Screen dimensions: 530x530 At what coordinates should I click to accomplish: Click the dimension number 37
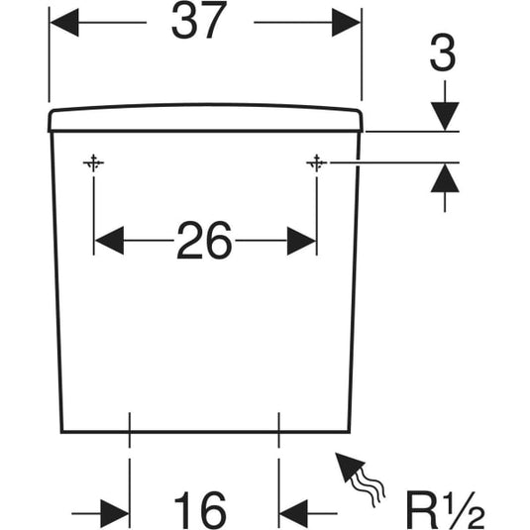(x=199, y=21)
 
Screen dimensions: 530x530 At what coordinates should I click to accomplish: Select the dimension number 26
(x=204, y=241)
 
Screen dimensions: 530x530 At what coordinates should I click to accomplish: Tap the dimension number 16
(x=200, y=510)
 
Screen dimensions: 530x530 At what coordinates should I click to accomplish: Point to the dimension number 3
(x=443, y=53)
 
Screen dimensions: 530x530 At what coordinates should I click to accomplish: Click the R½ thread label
(x=445, y=510)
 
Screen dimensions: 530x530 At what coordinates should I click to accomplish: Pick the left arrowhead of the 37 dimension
(x=64, y=23)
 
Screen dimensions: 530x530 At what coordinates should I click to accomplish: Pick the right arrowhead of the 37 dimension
(x=346, y=23)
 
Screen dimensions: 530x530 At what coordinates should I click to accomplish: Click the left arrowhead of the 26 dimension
(x=109, y=241)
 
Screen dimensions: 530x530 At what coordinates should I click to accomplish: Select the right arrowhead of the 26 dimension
(x=301, y=241)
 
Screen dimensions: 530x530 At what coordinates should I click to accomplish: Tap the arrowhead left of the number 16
(x=115, y=513)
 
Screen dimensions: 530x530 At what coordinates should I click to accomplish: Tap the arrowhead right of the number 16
(x=294, y=513)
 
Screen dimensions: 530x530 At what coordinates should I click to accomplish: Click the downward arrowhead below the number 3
(x=445, y=116)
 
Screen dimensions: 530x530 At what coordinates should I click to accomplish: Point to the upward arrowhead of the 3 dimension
(x=445, y=178)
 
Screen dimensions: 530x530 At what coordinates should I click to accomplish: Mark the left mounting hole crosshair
(x=94, y=162)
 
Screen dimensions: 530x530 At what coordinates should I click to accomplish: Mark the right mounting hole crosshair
(x=317, y=162)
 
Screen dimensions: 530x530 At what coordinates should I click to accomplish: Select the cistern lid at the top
(x=205, y=118)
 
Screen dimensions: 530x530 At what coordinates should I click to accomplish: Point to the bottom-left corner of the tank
(x=61, y=432)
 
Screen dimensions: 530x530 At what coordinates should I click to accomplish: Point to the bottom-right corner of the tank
(x=349, y=432)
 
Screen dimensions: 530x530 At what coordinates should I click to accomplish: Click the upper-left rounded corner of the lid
(x=52, y=112)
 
